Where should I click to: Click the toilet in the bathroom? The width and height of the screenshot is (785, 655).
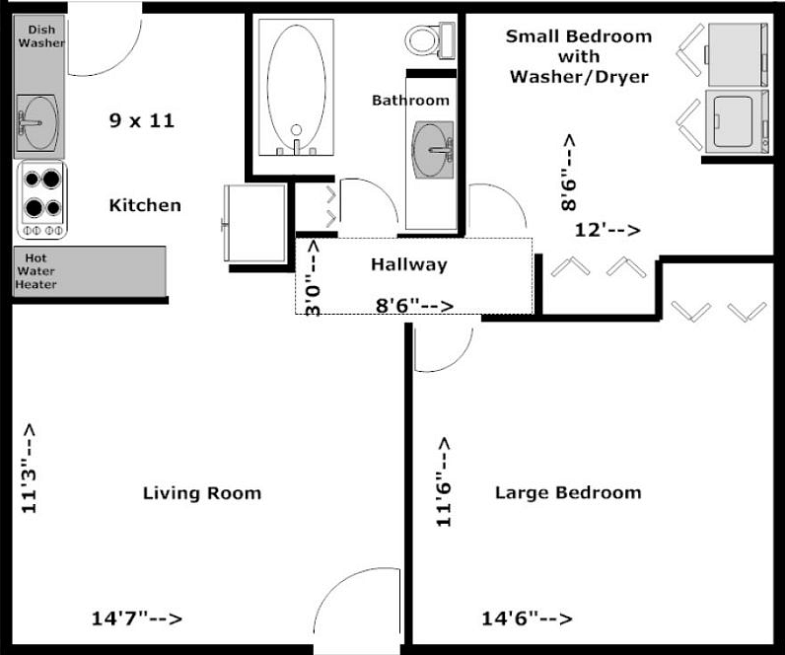(430, 40)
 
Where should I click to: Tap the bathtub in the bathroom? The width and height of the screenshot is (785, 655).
(296, 88)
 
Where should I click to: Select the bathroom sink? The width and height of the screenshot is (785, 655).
(433, 149)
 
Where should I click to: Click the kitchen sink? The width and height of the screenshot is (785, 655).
(37, 122)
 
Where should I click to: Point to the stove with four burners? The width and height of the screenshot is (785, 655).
(42, 199)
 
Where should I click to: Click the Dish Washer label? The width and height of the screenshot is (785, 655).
(41, 36)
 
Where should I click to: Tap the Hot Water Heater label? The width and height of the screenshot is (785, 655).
(36, 271)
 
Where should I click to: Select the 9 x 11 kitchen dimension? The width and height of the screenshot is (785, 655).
(142, 120)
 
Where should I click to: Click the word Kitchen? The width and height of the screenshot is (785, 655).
(145, 205)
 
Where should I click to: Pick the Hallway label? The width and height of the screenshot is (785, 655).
(409, 264)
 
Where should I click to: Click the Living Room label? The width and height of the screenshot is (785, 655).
(202, 493)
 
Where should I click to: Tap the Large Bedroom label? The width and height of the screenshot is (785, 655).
(568, 492)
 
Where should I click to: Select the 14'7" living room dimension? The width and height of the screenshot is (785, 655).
(137, 619)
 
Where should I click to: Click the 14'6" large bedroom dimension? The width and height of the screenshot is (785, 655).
(527, 619)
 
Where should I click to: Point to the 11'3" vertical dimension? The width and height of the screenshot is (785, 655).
(29, 469)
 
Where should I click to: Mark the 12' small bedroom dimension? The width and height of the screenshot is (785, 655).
(607, 230)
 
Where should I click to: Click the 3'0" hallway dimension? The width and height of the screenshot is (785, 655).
(313, 278)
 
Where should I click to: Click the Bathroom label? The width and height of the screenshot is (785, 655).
(410, 101)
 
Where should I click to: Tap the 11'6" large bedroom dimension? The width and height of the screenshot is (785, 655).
(444, 481)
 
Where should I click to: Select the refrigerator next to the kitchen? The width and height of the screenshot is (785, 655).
(254, 223)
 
